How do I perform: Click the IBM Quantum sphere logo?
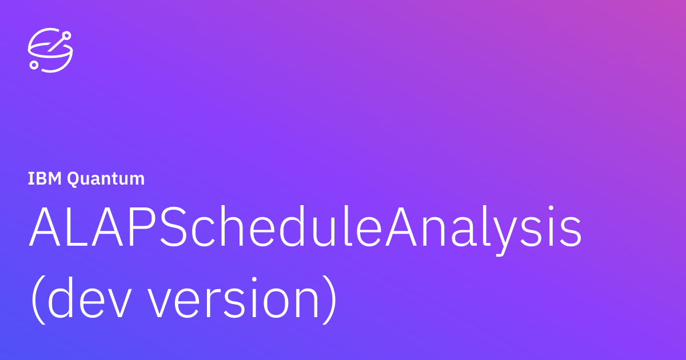tap(50, 51)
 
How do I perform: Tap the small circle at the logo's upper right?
tap(67, 35)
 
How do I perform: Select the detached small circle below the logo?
tap(34, 65)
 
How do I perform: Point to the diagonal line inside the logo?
tap(55, 45)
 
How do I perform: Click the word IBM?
tap(45, 179)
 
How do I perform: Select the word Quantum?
tap(106, 179)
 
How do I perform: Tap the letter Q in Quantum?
tap(74, 179)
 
